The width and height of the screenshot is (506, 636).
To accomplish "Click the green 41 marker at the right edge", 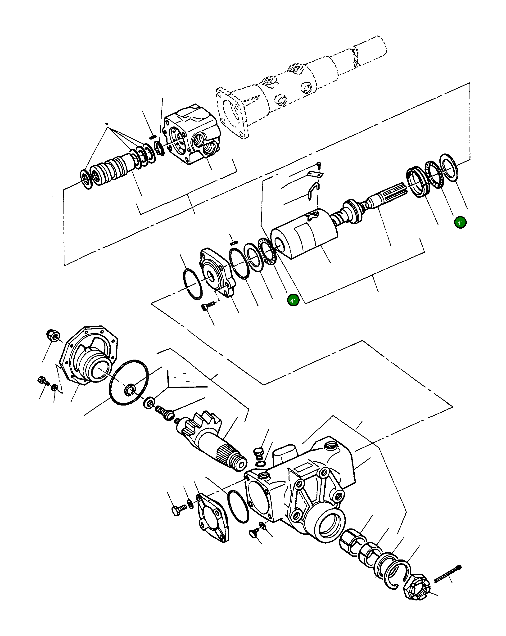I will point(460,223).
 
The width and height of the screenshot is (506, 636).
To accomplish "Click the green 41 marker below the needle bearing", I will point(293,301).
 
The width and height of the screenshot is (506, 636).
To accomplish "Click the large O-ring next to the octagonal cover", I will point(129,382).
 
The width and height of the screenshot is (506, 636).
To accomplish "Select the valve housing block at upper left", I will point(192,134).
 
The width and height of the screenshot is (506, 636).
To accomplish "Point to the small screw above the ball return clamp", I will point(319,166).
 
